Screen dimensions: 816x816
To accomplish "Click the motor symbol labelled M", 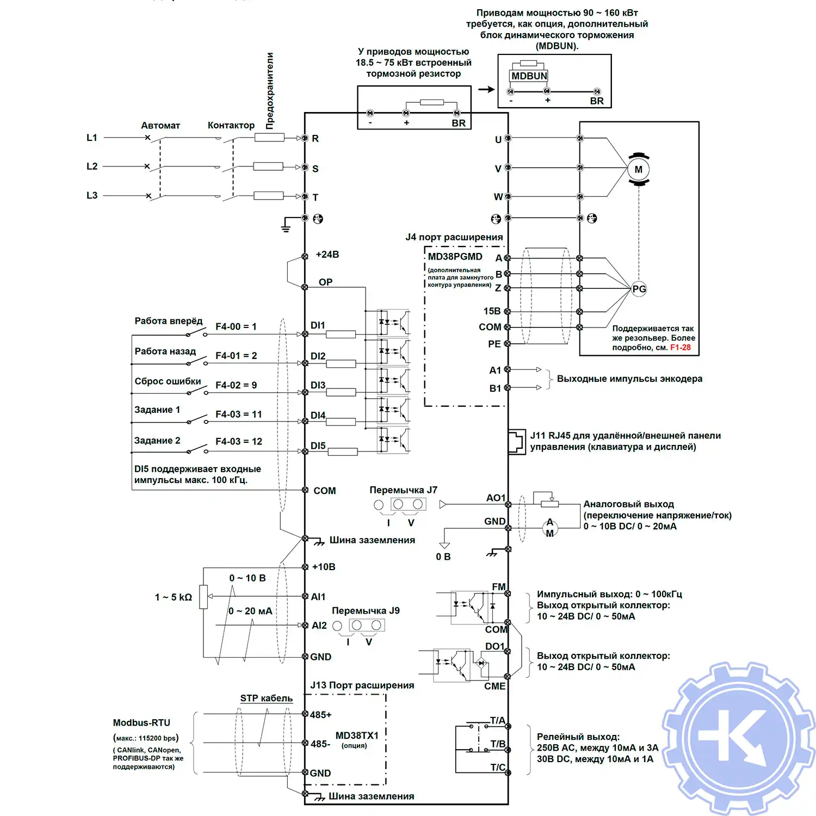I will pyautogui.click(x=638, y=169).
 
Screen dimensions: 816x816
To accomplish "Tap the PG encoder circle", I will pyautogui.click(x=639, y=289).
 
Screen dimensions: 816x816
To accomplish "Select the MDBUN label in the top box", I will pyautogui.click(x=529, y=76).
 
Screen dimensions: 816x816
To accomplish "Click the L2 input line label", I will pyautogui.click(x=92, y=166).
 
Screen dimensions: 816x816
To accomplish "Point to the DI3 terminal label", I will pyautogui.click(x=318, y=385).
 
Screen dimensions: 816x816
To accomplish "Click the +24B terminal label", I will pyautogui.click(x=327, y=255).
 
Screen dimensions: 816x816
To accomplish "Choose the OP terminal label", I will pyautogui.click(x=325, y=282).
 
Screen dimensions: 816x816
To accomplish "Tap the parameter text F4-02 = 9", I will pyautogui.click(x=236, y=385).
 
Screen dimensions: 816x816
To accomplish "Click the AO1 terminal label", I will pyautogui.click(x=496, y=498).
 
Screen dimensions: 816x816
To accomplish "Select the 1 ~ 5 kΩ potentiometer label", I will pyautogui.click(x=174, y=597).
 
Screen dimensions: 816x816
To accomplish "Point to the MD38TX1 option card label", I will pyautogui.click(x=357, y=735).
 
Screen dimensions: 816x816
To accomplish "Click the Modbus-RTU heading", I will pyautogui.click(x=141, y=722).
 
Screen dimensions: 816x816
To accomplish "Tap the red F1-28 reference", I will pyautogui.click(x=680, y=348).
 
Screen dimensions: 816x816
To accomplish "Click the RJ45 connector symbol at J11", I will pyautogui.click(x=516, y=441).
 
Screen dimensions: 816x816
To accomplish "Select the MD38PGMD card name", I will pyautogui.click(x=455, y=257).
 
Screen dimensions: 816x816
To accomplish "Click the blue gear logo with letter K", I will pyautogui.click(x=738, y=738).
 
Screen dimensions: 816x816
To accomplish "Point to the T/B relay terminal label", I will pyautogui.click(x=498, y=744).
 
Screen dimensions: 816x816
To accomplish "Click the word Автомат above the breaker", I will pyautogui.click(x=160, y=126).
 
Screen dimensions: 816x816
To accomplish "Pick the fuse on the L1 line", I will pyautogui.click(x=269, y=138).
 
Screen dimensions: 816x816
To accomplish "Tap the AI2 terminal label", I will pyautogui.click(x=319, y=626).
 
